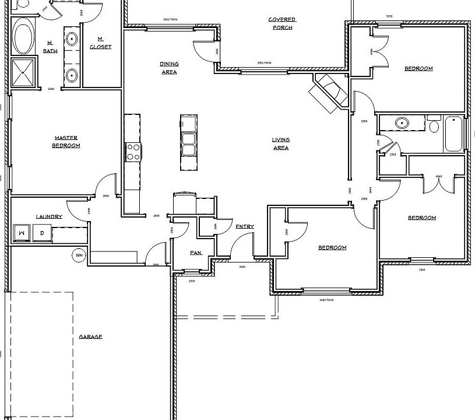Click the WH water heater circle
(78, 255)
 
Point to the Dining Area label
(169, 68)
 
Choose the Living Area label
(280, 143)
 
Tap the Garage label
(90, 337)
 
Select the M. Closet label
(100, 43)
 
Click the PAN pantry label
(195, 253)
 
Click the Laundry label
(49, 216)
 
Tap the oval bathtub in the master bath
(23, 37)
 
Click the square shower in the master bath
(24, 72)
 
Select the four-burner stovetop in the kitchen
(133, 152)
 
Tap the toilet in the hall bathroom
(433, 126)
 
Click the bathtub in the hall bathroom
(454, 134)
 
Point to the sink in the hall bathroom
(401, 124)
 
